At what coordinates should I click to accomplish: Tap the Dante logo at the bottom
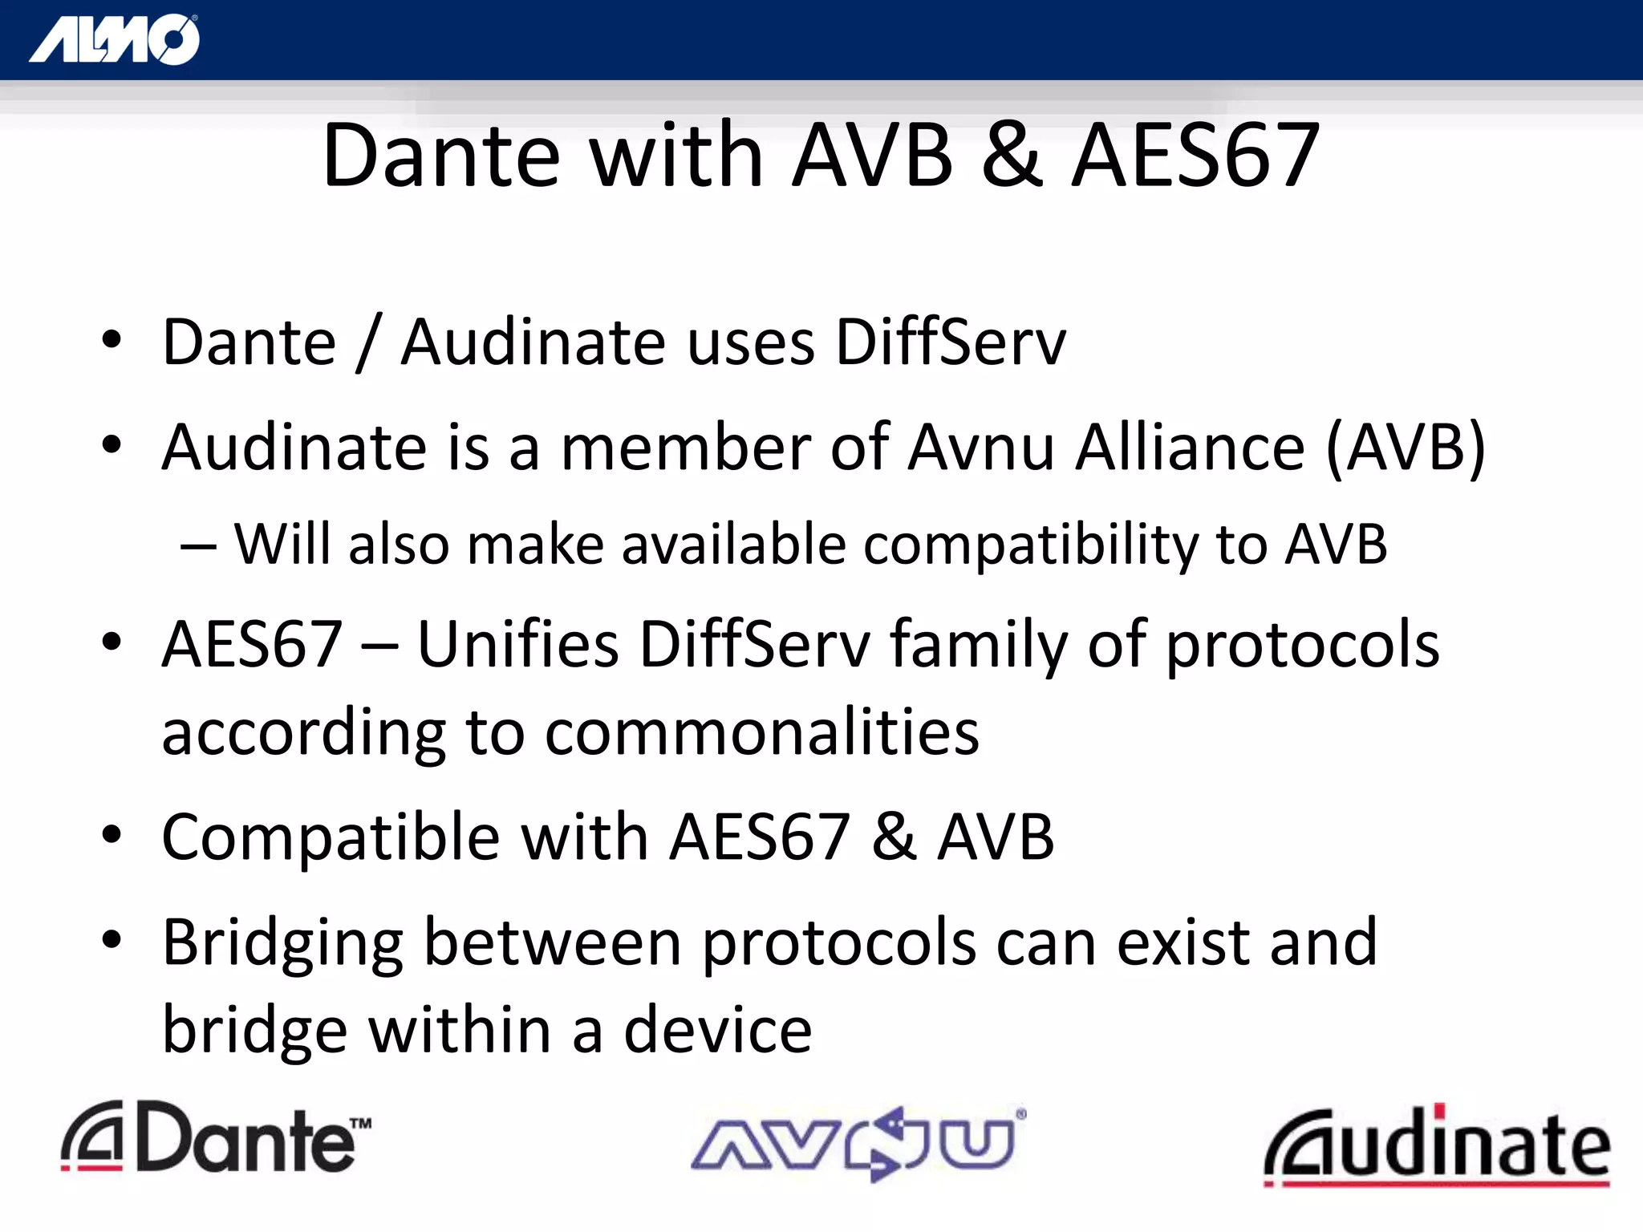(215, 1138)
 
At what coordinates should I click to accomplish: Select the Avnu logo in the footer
(857, 1142)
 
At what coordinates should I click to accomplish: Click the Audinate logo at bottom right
(1436, 1145)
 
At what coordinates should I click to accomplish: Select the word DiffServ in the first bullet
(951, 342)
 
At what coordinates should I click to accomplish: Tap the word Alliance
(1191, 448)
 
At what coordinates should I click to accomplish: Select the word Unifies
(518, 644)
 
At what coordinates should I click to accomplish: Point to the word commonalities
(761, 732)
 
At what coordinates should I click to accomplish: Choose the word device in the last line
(718, 1031)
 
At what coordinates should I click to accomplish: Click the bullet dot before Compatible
(112, 835)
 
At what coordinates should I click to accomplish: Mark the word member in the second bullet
(686, 448)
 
